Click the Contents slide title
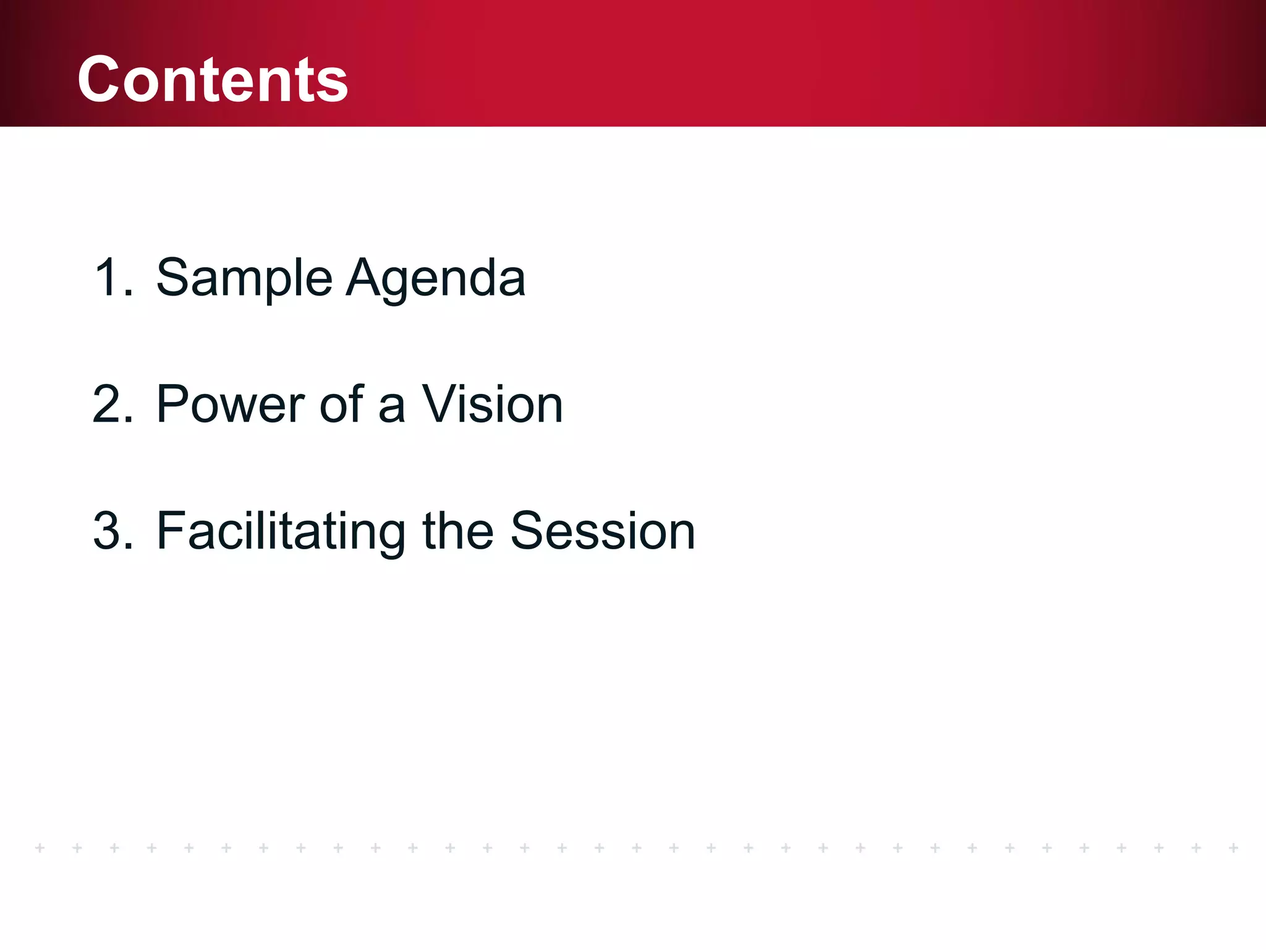(x=213, y=79)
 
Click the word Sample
(x=244, y=278)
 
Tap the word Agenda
(x=436, y=278)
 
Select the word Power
(x=231, y=404)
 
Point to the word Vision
(x=492, y=404)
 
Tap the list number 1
(x=110, y=278)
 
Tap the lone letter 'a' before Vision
(x=391, y=408)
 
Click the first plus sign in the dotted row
(x=40, y=847)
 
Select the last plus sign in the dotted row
(x=1233, y=847)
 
